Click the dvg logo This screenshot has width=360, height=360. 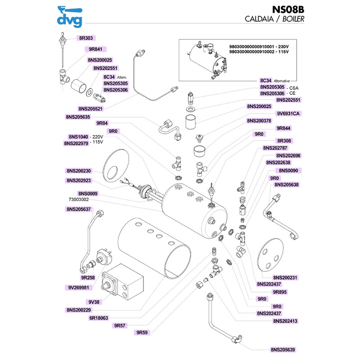[70, 16]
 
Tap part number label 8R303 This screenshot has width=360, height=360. [85, 39]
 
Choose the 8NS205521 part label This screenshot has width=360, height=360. [90, 109]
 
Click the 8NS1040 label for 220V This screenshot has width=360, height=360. [78, 136]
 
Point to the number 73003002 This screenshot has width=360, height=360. [78, 199]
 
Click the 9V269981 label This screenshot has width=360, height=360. [79, 287]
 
